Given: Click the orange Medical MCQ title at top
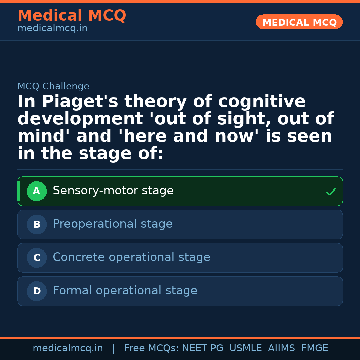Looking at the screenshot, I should pos(72,16).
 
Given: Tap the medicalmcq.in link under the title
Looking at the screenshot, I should pos(52,29).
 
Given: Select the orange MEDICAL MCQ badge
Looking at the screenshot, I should pos(299,22).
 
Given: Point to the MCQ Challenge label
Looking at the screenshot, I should pos(53,86).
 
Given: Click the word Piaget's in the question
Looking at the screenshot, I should pos(80,102).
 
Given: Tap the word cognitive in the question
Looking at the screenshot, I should pos(262,102).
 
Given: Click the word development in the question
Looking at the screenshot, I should pos(76,119).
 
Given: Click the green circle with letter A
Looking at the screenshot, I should pos(37,191).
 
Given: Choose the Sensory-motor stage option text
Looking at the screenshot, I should pos(113,191).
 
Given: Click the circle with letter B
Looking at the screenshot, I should pos(37,225).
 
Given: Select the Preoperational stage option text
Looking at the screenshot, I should pos(113,224).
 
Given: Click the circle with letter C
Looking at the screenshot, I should pos(37,258).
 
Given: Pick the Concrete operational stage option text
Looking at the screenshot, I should pos(131,257).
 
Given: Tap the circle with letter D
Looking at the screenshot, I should pos(37,291).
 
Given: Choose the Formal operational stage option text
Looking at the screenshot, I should pos(125,291).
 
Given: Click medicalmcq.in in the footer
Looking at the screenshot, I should pos(68,348).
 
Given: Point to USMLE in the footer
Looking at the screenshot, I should pos(245,348).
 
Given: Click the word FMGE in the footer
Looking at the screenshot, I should pos(314,348).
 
